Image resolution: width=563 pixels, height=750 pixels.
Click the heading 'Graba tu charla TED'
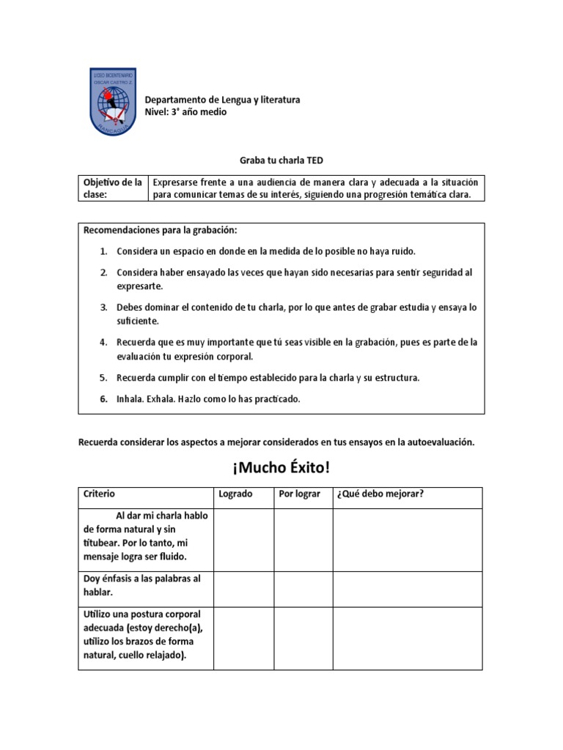click(281, 160)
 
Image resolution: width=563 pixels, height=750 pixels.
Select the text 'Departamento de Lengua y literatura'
click(222, 100)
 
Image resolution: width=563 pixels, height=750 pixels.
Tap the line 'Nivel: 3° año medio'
click(185, 112)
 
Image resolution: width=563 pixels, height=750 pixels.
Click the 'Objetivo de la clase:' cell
click(113, 188)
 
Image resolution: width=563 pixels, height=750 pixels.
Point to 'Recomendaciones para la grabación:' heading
click(160, 230)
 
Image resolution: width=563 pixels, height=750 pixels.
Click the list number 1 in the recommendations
click(104, 251)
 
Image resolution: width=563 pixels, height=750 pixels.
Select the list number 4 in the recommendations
click(104, 342)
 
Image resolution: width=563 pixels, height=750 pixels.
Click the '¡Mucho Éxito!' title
click(281, 467)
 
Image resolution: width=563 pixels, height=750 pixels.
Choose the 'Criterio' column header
click(100, 494)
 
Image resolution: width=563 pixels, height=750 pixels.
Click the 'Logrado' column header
click(235, 494)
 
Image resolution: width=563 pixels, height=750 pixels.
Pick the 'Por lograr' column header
click(300, 494)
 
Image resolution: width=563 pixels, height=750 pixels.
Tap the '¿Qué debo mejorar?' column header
click(380, 494)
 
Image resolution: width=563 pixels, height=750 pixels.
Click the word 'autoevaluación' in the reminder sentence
click(438, 442)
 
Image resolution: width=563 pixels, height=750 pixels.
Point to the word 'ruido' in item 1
click(402, 251)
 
